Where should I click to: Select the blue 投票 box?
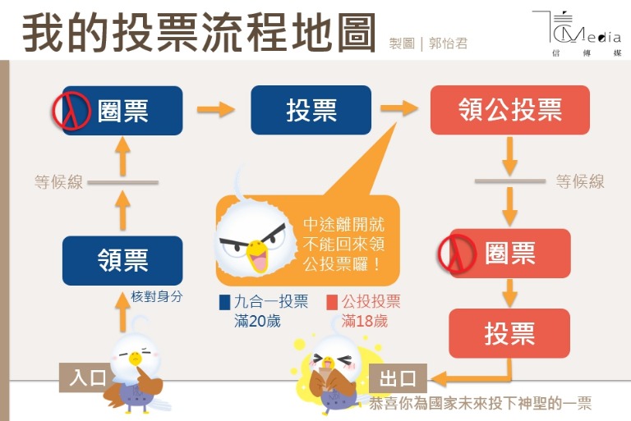311,110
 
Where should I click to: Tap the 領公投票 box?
509,110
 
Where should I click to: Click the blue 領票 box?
122,260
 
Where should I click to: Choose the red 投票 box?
509,333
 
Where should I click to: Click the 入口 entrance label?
88,378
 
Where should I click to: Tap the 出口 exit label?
398,379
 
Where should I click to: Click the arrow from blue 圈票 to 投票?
216,109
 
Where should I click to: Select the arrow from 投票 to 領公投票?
399,109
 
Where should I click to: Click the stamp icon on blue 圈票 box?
71,110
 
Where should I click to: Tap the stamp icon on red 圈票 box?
458,254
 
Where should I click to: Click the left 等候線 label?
59,182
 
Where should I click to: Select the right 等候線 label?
580,181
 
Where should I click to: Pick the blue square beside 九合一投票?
224,302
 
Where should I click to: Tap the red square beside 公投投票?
332,302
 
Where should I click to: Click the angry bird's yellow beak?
258,250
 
